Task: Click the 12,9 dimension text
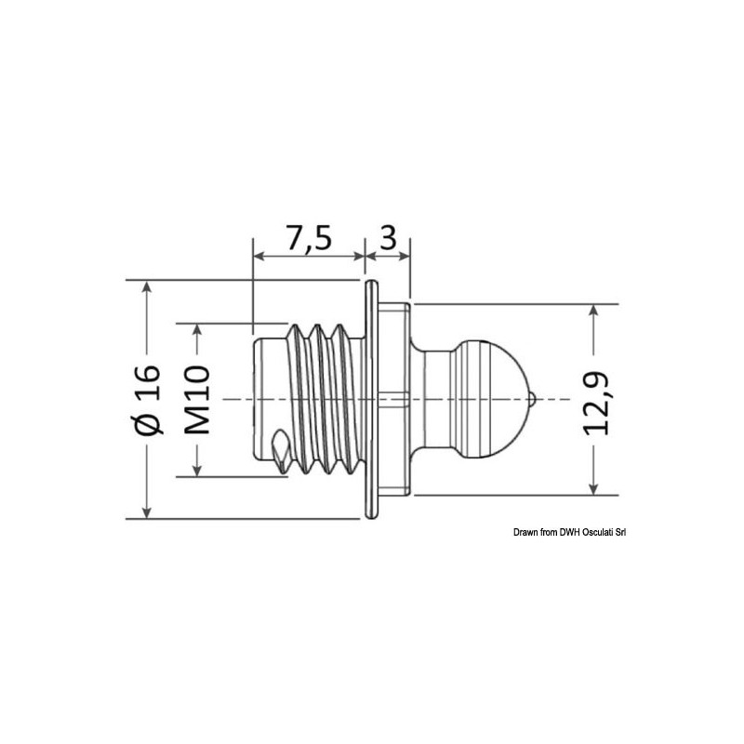click(596, 400)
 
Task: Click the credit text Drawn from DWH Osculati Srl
click(570, 531)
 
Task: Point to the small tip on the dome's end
click(531, 400)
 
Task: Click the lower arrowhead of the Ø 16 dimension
click(146, 511)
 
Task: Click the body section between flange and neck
click(394, 400)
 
